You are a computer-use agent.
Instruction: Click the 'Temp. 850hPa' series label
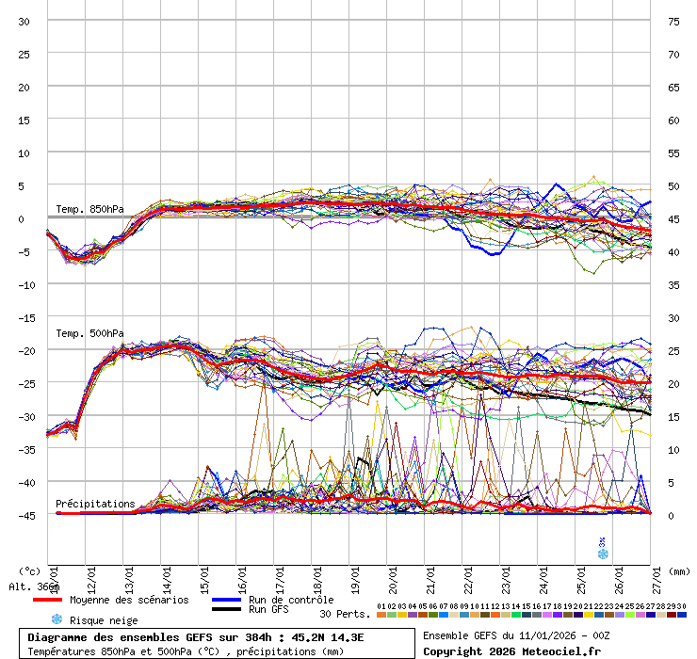click(x=89, y=209)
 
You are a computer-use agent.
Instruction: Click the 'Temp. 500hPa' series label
click(x=89, y=333)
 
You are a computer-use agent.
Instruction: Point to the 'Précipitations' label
click(x=95, y=504)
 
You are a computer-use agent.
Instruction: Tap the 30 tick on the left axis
click(x=24, y=21)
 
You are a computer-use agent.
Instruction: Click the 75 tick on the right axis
click(x=673, y=21)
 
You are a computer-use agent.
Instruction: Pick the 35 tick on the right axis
click(x=673, y=284)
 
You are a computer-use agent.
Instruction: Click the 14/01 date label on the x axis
click(x=166, y=575)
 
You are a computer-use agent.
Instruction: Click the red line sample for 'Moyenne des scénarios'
click(x=46, y=600)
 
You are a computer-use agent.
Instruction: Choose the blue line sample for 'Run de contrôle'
click(x=225, y=600)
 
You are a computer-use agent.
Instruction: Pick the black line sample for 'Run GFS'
click(x=225, y=610)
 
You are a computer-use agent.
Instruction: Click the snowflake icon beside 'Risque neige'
click(x=56, y=619)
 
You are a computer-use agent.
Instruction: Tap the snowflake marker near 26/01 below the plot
click(x=603, y=554)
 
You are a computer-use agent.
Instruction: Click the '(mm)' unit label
click(x=681, y=571)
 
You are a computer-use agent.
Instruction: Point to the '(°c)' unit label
click(x=29, y=571)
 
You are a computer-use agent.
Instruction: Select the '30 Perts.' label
click(x=345, y=614)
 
